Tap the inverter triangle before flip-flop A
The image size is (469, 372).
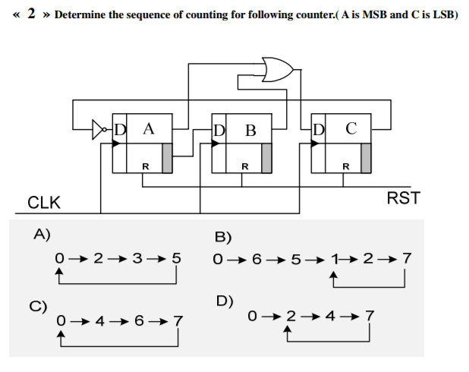99,130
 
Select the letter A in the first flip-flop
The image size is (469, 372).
148,128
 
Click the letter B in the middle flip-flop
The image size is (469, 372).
250,130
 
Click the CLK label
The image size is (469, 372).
44,203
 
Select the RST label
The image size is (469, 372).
403,199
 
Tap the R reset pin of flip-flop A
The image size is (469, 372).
146,166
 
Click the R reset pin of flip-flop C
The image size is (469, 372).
345,166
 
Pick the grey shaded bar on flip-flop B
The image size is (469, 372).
266,157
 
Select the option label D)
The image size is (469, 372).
225,301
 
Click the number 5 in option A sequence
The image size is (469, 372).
176,258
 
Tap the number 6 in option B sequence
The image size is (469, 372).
257,258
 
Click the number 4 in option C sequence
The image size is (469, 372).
99,321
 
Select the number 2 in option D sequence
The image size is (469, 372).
290,315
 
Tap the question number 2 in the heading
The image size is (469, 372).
32,14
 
